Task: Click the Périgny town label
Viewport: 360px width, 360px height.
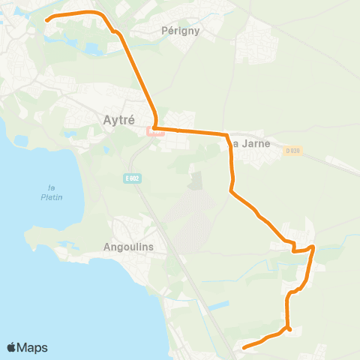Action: pos(178,31)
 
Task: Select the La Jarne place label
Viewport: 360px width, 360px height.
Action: pos(247,143)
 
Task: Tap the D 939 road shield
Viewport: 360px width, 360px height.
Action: pos(292,151)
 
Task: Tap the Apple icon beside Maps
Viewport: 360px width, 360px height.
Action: pos(12,346)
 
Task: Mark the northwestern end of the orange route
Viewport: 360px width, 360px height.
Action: pos(46,20)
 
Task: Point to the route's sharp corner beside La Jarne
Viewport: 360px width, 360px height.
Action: pos(227,135)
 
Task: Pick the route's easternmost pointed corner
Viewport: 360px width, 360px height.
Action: pos(313,247)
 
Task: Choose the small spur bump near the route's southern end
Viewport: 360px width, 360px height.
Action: pos(289,328)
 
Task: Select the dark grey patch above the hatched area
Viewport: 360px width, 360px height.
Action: pos(196,181)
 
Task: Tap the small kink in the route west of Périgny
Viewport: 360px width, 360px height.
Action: pos(114,31)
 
